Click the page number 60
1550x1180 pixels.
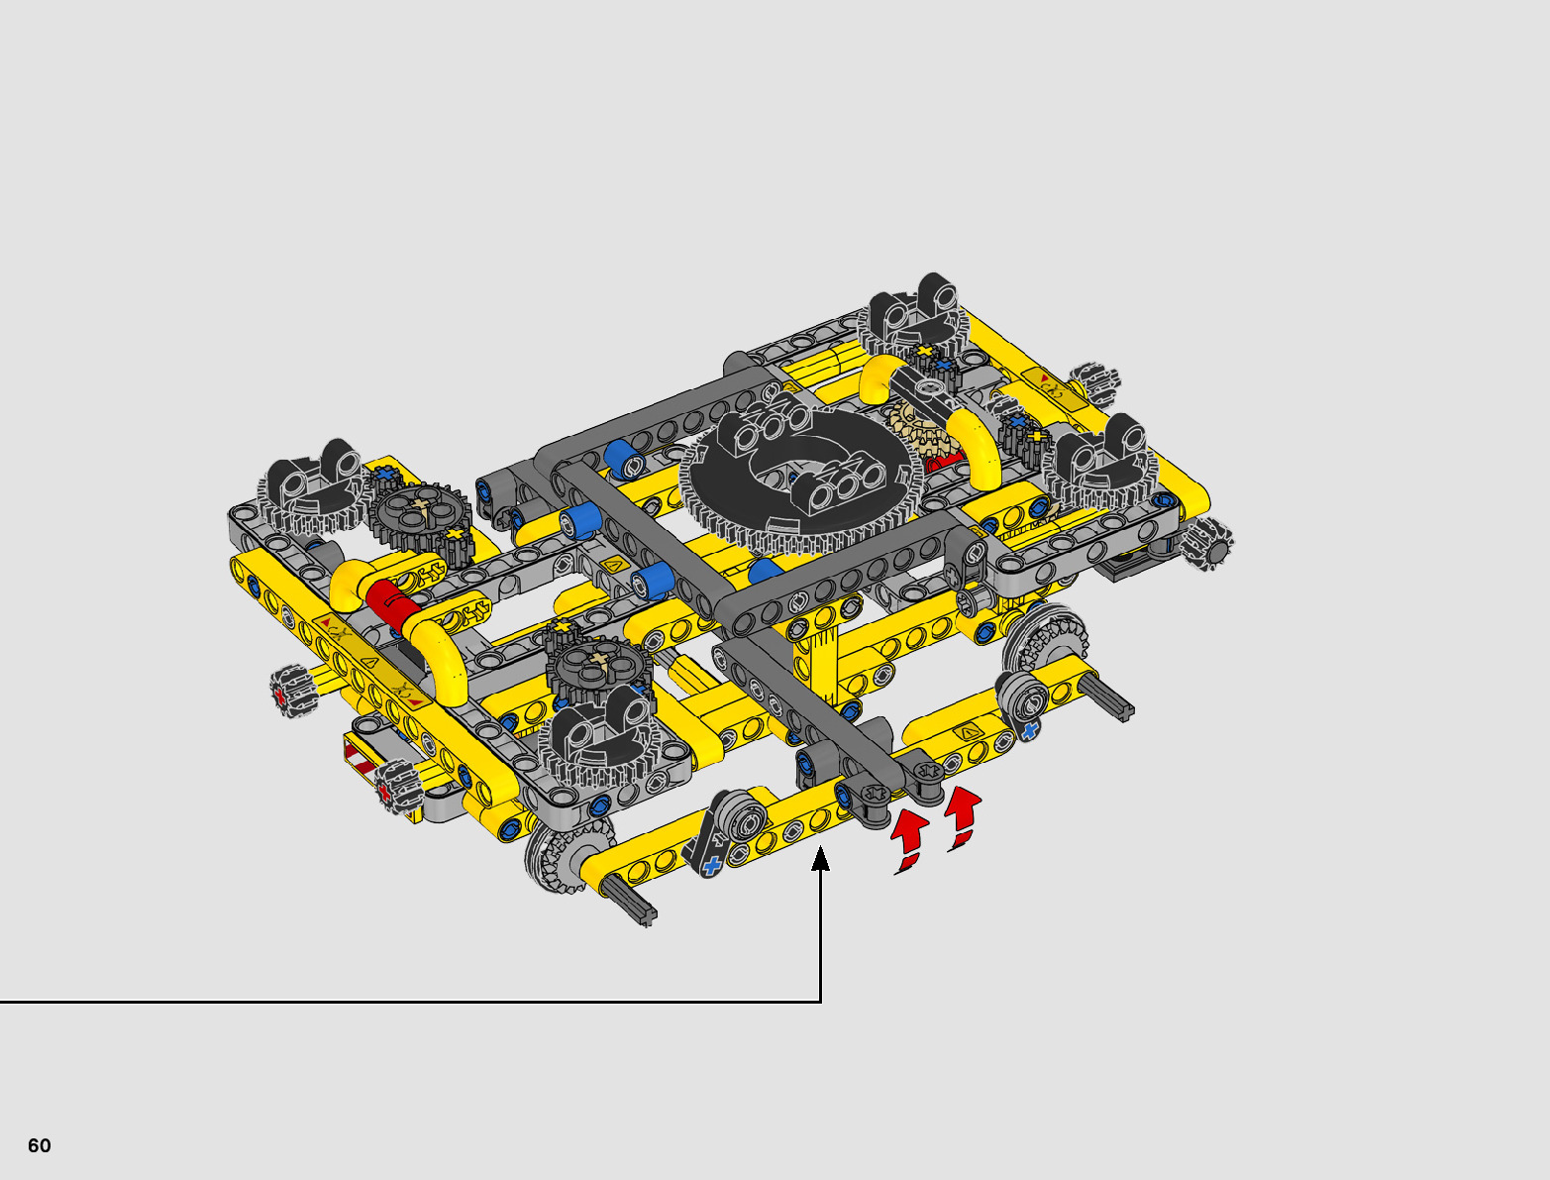point(40,1145)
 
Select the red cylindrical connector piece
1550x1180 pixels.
point(392,605)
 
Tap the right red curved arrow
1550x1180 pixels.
point(964,818)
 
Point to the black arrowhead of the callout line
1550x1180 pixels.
point(820,859)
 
